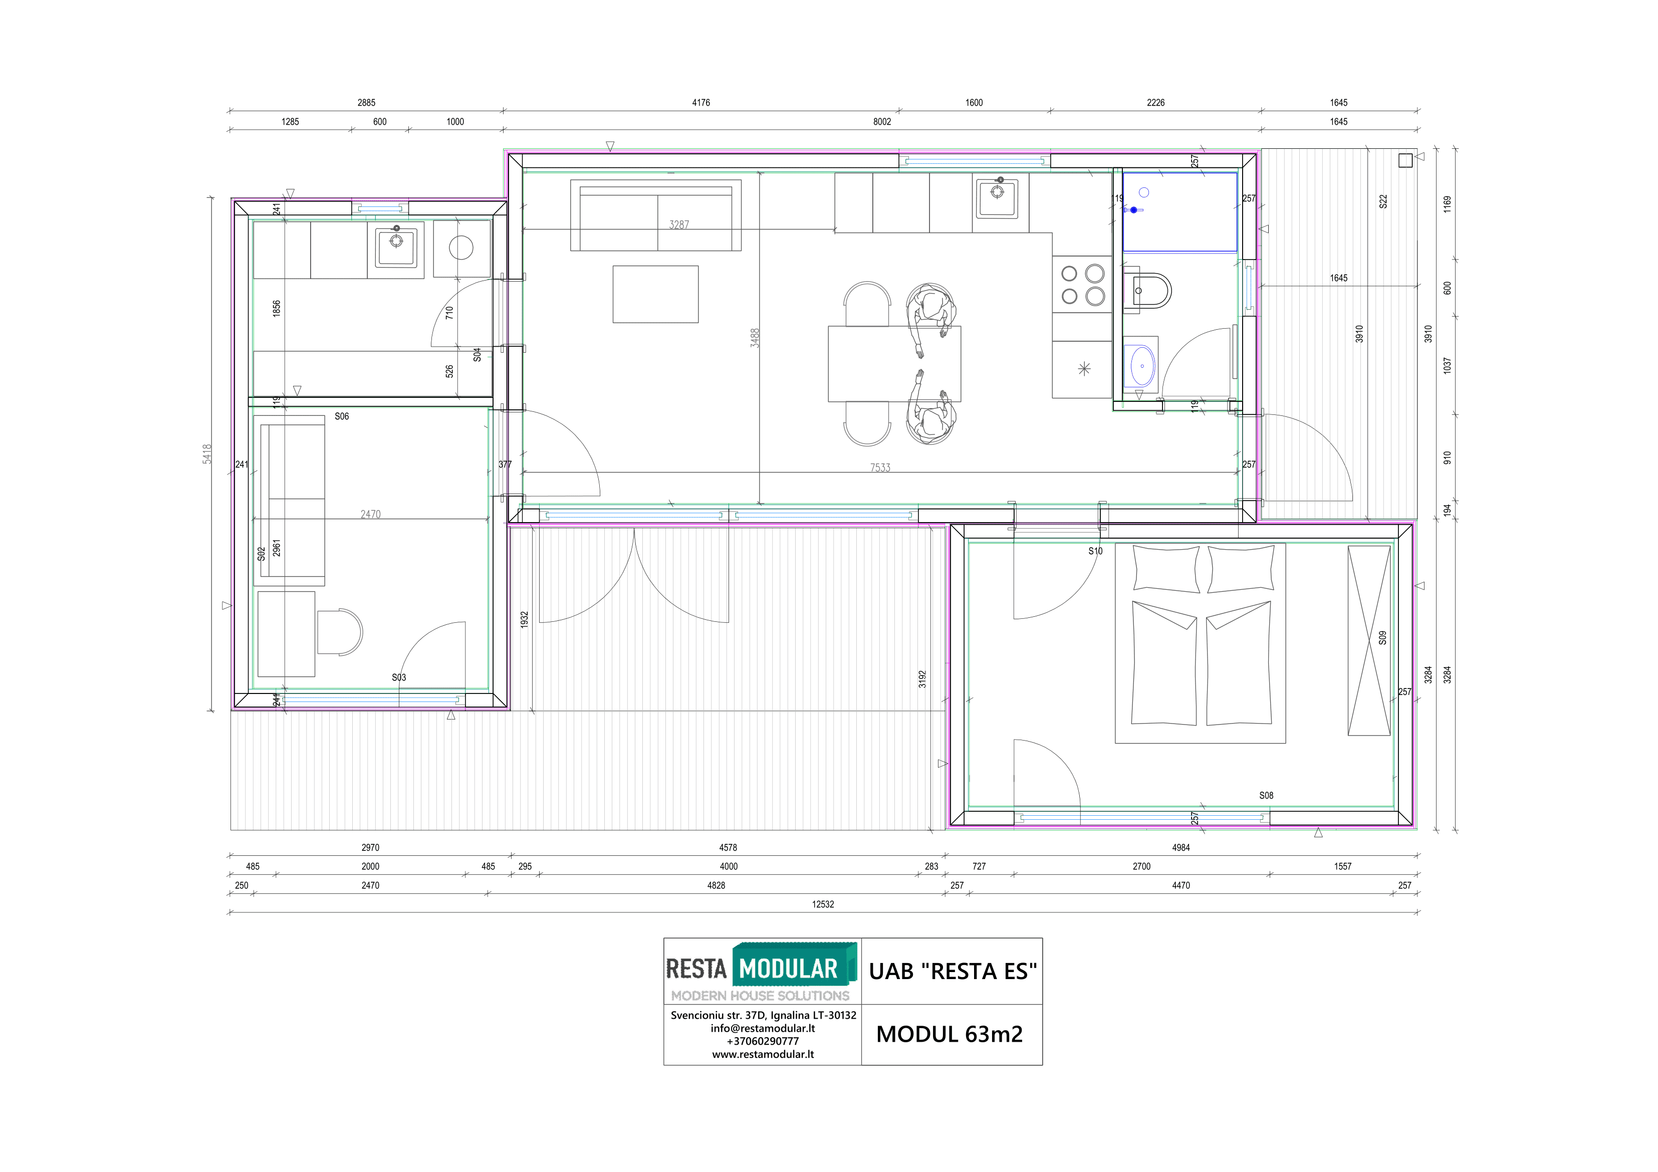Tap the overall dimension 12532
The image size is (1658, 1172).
[823, 904]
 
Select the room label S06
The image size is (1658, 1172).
[342, 417]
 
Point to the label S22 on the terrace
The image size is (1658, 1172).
[1383, 201]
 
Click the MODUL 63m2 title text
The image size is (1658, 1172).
[950, 1034]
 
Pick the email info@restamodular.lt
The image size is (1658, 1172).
[763, 1028]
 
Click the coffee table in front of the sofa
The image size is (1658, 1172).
[655, 294]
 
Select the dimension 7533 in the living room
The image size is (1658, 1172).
[879, 468]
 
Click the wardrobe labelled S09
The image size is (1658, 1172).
[1368, 640]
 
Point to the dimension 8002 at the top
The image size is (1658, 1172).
[882, 122]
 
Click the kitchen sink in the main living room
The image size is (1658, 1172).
[997, 198]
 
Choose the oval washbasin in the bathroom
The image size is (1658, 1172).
[1142, 365]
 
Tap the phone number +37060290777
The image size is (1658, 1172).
[763, 1041]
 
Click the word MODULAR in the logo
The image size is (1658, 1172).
[788, 969]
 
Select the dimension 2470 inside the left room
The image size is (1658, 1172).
[370, 514]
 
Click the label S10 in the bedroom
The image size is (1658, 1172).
[1095, 551]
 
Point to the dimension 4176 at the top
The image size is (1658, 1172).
[700, 103]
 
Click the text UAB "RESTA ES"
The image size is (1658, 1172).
[953, 971]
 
